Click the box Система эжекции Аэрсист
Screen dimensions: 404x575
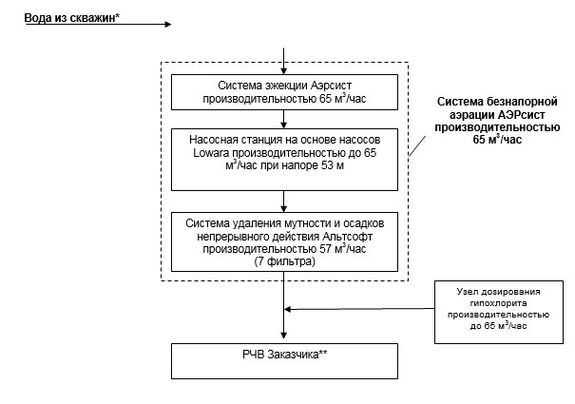click(x=284, y=91)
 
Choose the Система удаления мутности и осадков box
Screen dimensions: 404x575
click(x=284, y=241)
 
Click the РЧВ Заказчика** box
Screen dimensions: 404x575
click(x=284, y=359)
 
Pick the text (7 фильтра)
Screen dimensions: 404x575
click(x=284, y=260)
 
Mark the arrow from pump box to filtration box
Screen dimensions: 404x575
click(x=284, y=202)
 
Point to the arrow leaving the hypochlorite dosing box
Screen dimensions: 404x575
click(x=361, y=308)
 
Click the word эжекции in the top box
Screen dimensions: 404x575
click(x=263, y=85)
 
